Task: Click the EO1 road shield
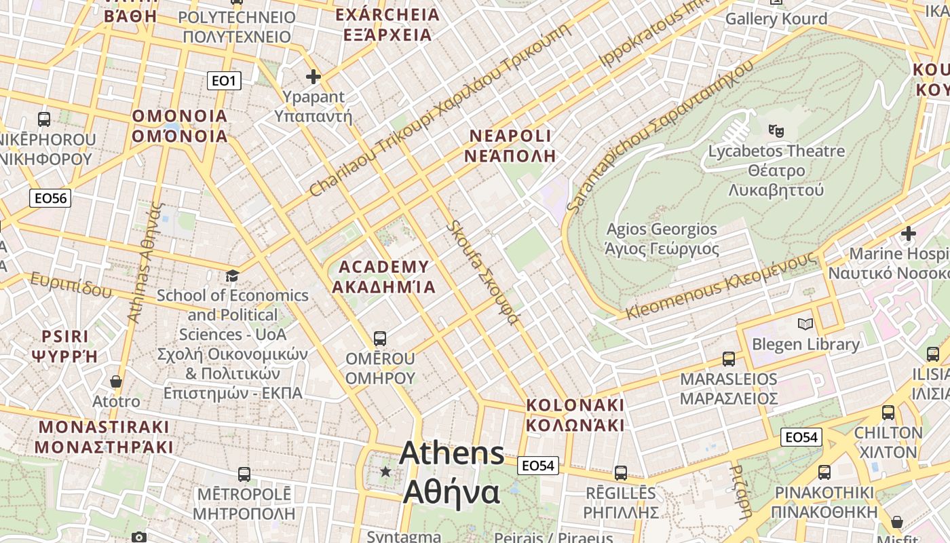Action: (x=224, y=81)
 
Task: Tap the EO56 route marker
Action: (x=51, y=198)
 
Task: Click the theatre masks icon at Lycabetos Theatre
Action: (x=776, y=130)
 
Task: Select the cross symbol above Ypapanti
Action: (x=313, y=76)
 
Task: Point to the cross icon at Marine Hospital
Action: (x=908, y=234)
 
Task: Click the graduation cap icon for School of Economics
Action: (x=232, y=276)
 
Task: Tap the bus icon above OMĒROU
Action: (x=380, y=337)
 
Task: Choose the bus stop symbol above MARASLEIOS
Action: (x=729, y=358)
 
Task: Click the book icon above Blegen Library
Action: (x=805, y=324)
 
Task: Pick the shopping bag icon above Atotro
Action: (x=116, y=381)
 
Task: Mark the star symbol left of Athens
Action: (x=385, y=471)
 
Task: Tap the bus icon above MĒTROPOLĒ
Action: (x=244, y=474)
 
